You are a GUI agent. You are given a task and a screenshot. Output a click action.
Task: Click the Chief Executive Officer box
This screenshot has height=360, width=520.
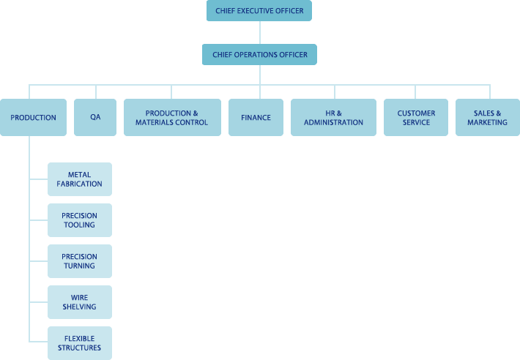[x=259, y=11]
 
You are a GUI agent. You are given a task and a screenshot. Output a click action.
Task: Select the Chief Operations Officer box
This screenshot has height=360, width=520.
[x=259, y=54]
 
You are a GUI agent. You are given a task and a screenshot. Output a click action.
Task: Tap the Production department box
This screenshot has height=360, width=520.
[x=33, y=117]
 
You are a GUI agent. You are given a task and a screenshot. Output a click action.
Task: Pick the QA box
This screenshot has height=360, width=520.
[x=95, y=117]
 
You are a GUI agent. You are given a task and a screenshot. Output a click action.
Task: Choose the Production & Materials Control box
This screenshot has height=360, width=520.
[x=171, y=117]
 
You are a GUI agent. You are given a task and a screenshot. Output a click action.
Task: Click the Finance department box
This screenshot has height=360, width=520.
[x=256, y=117]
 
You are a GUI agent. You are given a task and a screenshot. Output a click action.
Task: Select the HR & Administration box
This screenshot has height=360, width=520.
[x=333, y=117]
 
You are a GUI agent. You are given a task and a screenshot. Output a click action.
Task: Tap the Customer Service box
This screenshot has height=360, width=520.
[x=416, y=117]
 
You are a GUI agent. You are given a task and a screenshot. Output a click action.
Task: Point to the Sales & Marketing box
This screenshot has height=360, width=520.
[x=487, y=117]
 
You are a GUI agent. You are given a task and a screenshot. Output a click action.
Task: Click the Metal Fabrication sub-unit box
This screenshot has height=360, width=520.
[x=80, y=179]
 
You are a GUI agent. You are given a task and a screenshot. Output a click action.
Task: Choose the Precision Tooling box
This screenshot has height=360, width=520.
[x=80, y=220]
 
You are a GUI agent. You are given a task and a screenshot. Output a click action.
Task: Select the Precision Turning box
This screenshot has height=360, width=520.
[x=80, y=261]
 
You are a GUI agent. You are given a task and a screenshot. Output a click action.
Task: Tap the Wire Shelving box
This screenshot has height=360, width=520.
[x=80, y=302]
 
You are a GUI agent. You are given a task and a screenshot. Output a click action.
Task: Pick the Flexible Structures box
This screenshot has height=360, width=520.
[x=80, y=343]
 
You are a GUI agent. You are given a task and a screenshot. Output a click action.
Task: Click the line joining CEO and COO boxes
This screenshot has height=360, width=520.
[x=260, y=33]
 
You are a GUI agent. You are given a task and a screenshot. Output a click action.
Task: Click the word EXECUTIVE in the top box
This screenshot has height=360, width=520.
[x=258, y=11]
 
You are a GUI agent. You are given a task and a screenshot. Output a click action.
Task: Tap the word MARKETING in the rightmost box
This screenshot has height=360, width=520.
[x=487, y=122]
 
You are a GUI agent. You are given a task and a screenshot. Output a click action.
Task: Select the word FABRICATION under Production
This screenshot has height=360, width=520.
[x=80, y=184]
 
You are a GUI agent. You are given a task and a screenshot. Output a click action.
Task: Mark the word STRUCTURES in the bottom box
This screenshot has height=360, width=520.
[x=80, y=348]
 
